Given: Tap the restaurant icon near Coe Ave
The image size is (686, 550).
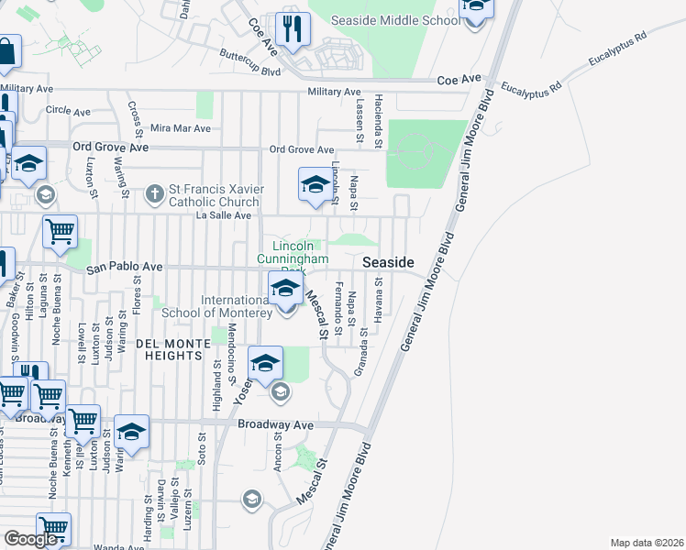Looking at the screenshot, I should point(293,29).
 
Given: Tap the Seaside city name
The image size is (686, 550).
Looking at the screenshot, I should point(388,262).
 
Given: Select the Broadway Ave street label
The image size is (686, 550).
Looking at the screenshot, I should point(275,425).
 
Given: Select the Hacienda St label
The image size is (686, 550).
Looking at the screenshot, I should point(378,120).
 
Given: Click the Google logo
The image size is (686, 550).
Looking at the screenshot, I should point(31,539).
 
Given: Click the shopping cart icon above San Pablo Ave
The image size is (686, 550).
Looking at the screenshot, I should point(60,233).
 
